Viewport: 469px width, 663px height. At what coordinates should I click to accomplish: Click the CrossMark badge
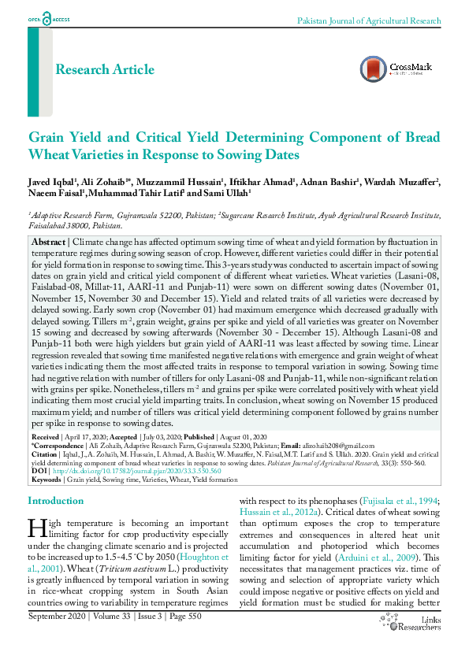[x=396, y=69]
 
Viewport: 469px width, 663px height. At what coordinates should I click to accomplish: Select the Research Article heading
[x=105, y=69]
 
